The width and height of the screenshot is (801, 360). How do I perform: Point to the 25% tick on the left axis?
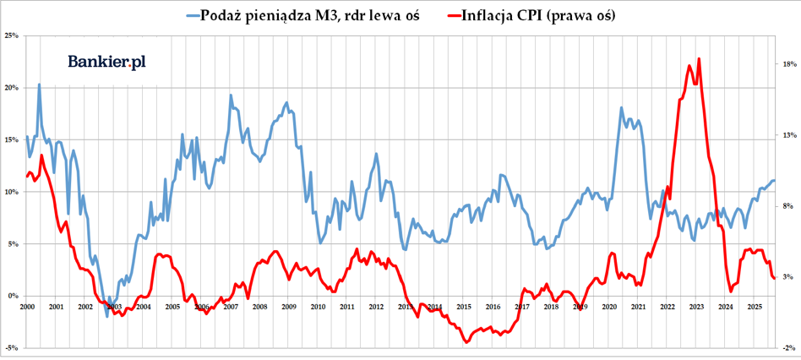point(12,35)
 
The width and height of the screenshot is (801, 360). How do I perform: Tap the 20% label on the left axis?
point(12,87)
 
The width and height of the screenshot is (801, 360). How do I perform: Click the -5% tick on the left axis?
point(12,347)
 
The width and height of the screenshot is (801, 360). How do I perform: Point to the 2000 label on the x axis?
point(26,306)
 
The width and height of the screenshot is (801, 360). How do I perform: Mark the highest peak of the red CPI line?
point(699,58)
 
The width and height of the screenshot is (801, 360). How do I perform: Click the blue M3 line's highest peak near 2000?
point(39,84)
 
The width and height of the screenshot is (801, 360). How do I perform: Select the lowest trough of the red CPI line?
point(467,343)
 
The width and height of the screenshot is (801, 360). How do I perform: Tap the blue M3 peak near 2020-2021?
point(621,107)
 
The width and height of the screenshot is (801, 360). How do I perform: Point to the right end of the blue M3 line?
point(774,180)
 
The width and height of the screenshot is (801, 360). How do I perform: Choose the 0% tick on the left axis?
point(12,296)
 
